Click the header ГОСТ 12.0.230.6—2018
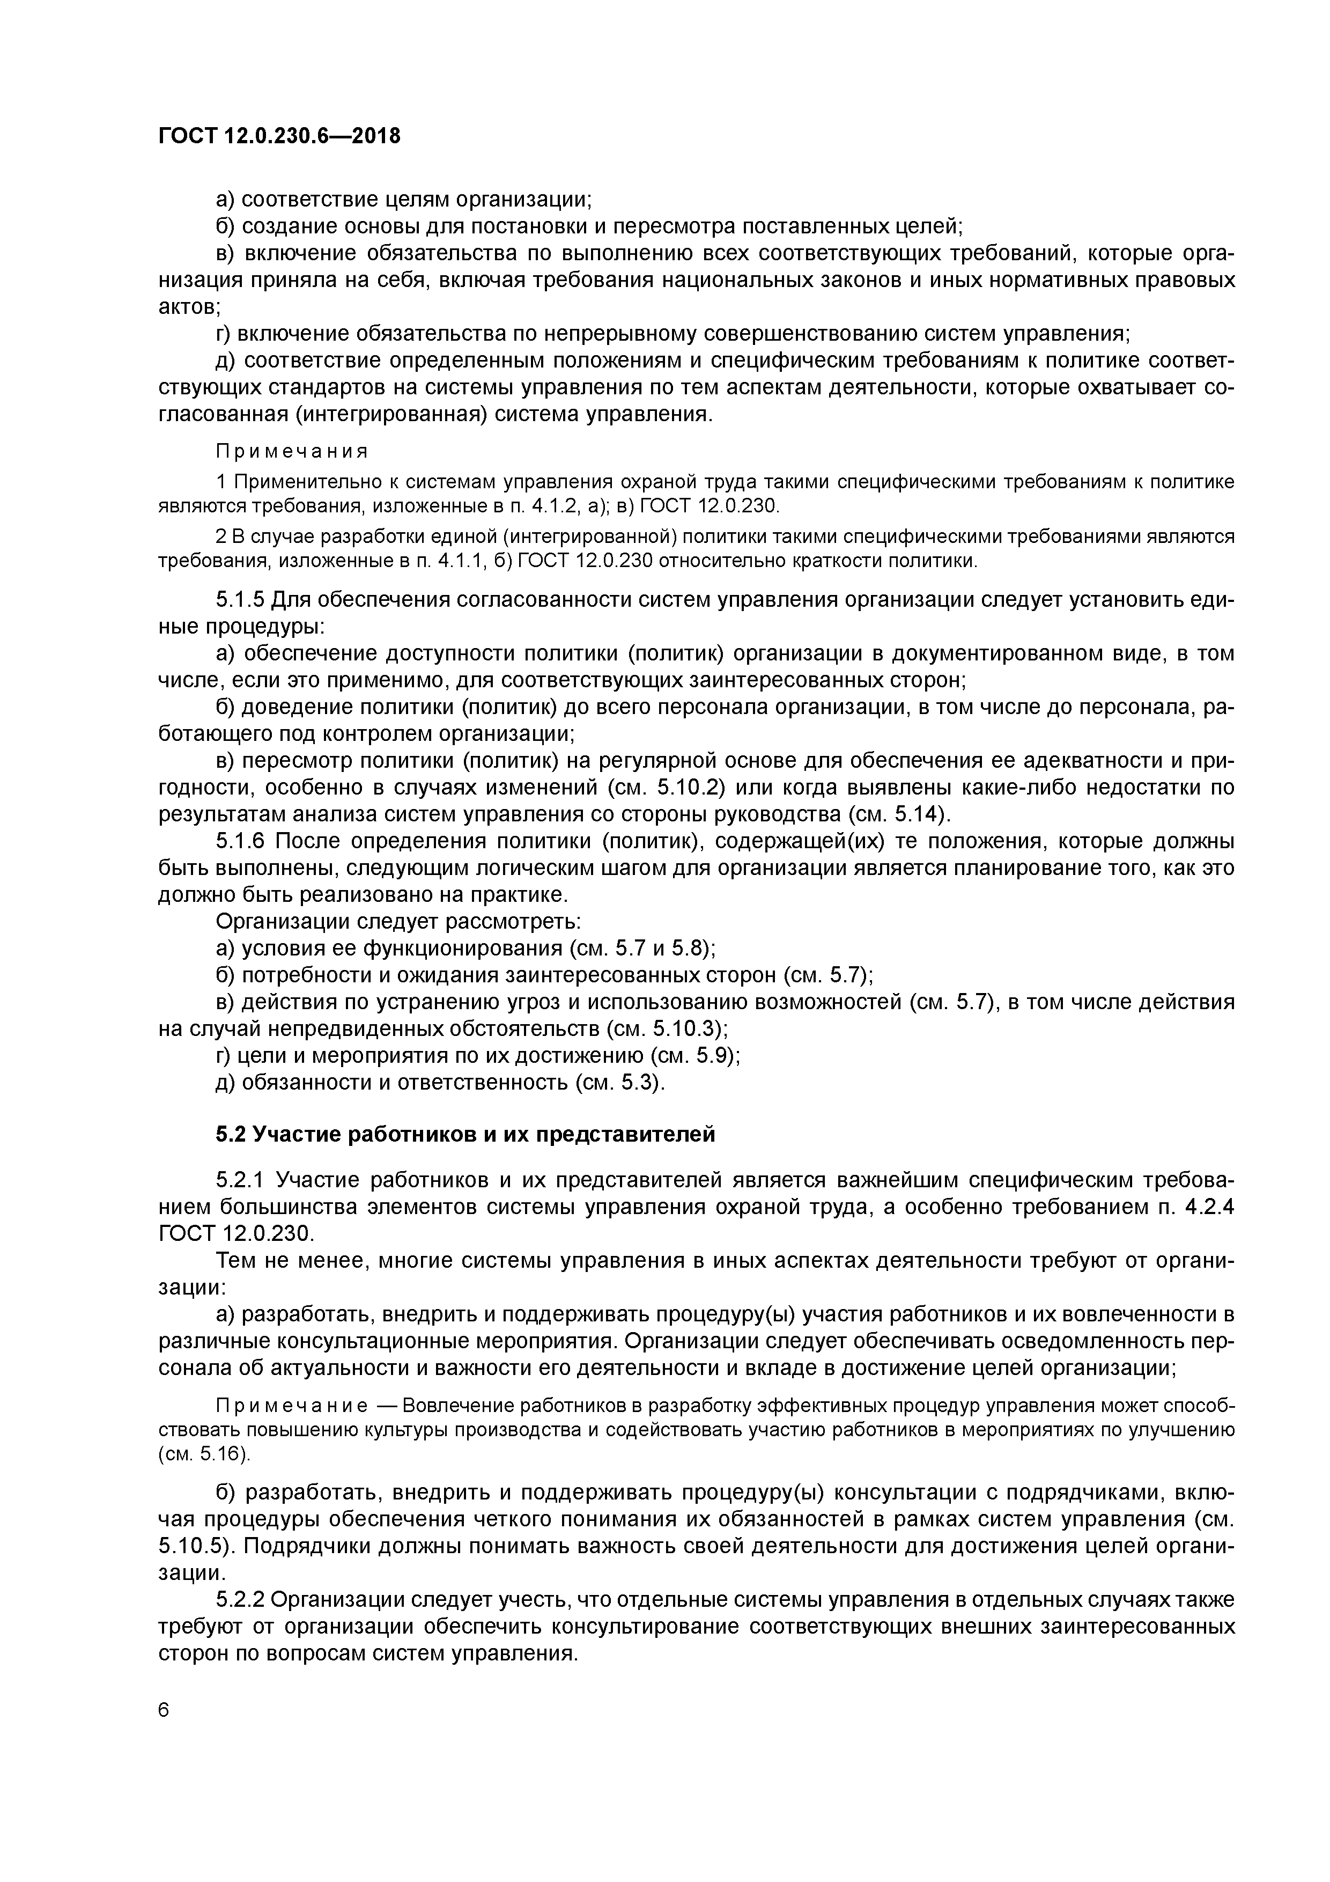pyautogui.click(x=279, y=136)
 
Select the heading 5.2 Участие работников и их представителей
pyautogui.click(x=465, y=1134)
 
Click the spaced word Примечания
pyautogui.click(x=292, y=452)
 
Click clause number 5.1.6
pyautogui.click(x=240, y=842)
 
